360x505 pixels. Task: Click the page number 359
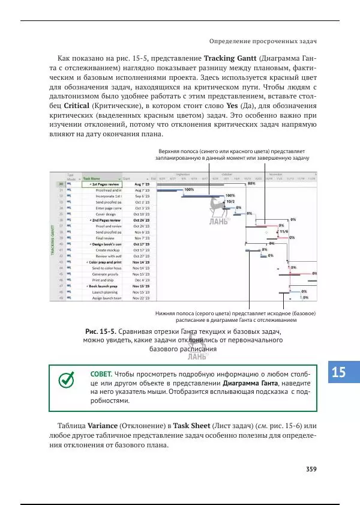(310, 469)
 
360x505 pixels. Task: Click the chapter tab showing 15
(338, 372)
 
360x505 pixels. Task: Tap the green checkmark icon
(67, 380)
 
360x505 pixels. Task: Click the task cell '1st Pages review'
(106, 184)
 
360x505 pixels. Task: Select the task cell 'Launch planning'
(106, 292)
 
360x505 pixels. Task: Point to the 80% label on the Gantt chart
(251, 184)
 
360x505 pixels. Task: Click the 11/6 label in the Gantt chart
(284, 231)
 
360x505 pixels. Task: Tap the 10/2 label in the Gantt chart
(231, 202)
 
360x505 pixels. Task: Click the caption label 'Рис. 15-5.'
(100, 331)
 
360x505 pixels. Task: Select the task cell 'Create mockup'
(109, 250)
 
